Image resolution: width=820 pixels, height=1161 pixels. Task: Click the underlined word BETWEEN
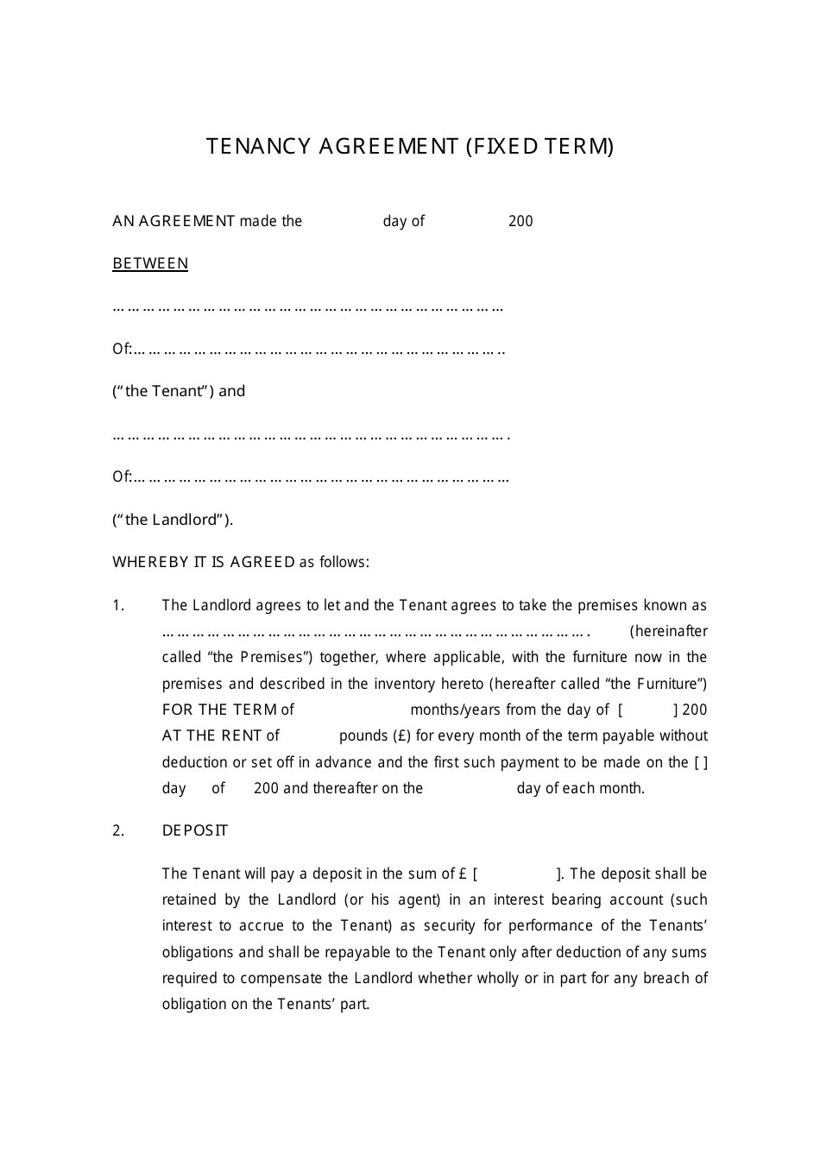click(x=150, y=264)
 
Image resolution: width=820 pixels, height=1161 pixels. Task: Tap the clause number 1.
click(x=118, y=606)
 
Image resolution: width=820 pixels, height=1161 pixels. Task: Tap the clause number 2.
click(x=118, y=831)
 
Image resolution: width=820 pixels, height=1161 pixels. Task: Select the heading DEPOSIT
click(x=195, y=831)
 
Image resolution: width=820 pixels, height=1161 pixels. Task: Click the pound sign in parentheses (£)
click(x=401, y=736)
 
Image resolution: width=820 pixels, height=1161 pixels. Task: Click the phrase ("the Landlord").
click(x=173, y=520)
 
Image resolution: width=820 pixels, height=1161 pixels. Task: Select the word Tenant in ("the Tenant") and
click(x=178, y=392)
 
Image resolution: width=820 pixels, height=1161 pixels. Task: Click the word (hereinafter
click(x=668, y=632)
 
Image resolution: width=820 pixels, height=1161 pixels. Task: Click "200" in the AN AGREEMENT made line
click(x=520, y=222)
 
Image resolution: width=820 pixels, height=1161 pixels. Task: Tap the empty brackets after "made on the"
click(x=701, y=763)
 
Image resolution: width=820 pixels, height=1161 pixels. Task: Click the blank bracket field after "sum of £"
click(x=518, y=874)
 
